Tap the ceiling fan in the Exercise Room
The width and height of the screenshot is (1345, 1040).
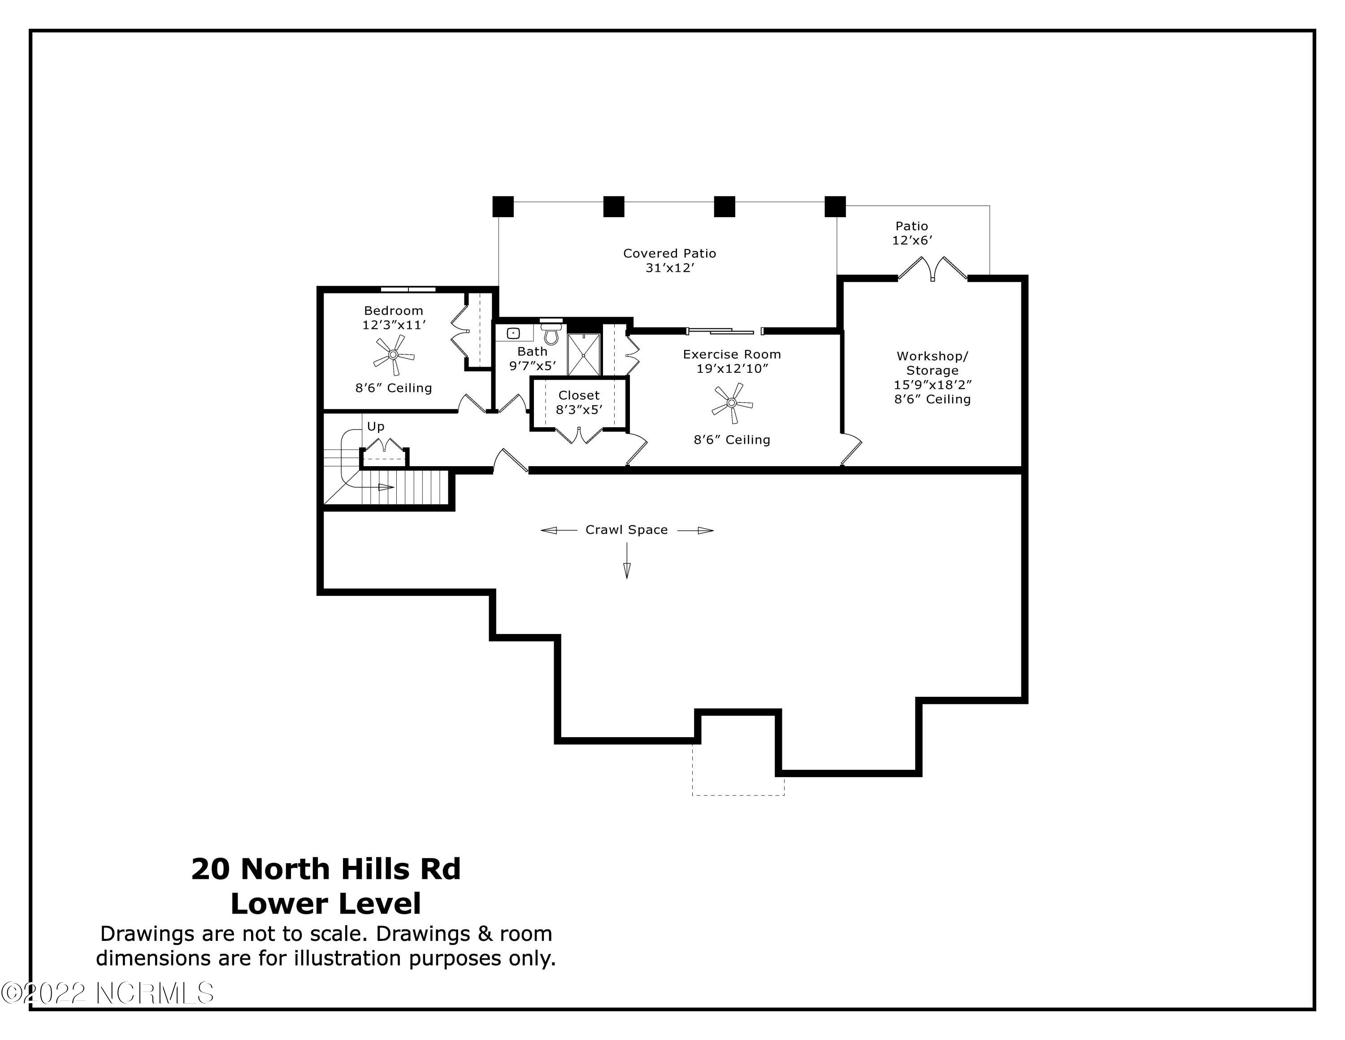click(x=732, y=403)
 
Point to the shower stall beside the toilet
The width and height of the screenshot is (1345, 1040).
click(x=583, y=355)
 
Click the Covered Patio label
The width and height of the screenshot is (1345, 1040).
click(x=669, y=253)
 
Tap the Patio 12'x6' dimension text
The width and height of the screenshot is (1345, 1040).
click(x=912, y=241)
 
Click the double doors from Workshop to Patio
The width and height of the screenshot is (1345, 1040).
click(x=933, y=270)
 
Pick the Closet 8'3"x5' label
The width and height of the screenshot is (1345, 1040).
click(x=579, y=402)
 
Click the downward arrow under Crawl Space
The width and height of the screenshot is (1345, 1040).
click(x=627, y=561)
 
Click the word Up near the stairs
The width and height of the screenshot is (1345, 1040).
click(x=376, y=426)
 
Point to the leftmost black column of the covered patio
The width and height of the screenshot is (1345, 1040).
click(x=503, y=206)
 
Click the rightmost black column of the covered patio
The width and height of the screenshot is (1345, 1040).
click(x=835, y=206)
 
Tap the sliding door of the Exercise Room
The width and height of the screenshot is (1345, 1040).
click(x=725, y=332)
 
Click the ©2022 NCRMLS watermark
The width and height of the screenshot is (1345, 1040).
click(x=108, y=993)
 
